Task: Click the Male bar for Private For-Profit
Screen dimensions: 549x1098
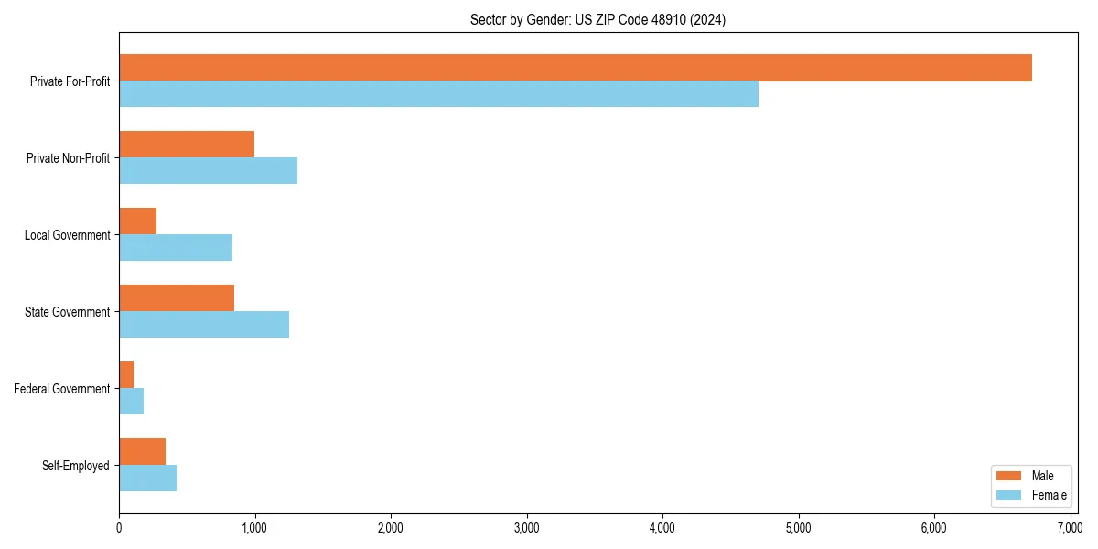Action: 575,68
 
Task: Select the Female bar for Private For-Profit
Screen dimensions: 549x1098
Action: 438,93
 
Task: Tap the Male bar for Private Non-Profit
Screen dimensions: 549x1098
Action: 187,145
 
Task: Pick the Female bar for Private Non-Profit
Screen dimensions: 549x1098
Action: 208,170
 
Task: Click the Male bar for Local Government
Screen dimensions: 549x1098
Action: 137,221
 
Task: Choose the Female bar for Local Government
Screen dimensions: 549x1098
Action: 176,247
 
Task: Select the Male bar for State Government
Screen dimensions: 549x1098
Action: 177,298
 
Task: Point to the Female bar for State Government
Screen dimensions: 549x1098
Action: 204,324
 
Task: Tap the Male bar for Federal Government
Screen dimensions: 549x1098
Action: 126,375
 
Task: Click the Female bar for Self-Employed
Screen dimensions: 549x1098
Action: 147,478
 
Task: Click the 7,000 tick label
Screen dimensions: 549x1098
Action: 1070,528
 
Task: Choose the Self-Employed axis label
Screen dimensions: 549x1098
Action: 75,466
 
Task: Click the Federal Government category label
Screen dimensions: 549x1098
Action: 61,389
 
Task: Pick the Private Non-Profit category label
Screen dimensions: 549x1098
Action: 70,158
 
